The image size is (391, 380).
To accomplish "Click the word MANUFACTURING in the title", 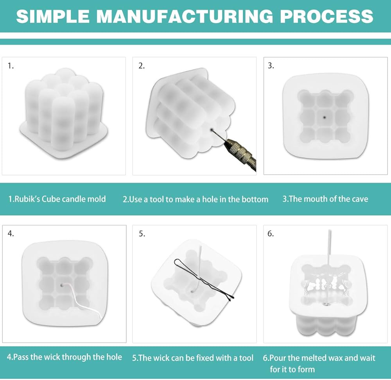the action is (185, 16).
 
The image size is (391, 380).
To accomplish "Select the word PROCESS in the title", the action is (326, 16).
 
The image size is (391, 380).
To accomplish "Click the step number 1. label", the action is (11, 66).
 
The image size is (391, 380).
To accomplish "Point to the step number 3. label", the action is (271, 66).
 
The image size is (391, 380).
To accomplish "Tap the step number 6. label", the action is (271, 234).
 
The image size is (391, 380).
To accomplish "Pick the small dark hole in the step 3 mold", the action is (324, 117).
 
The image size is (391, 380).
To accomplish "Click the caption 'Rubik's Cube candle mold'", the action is (57, 199).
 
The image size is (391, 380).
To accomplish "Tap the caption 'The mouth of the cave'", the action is (325, 199).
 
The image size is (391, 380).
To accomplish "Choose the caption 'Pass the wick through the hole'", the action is (65, 357).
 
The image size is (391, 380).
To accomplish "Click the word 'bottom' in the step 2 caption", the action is (255, 199).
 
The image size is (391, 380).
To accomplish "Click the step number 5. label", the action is (142, 234).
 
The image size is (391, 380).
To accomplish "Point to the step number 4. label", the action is (11, 234).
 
